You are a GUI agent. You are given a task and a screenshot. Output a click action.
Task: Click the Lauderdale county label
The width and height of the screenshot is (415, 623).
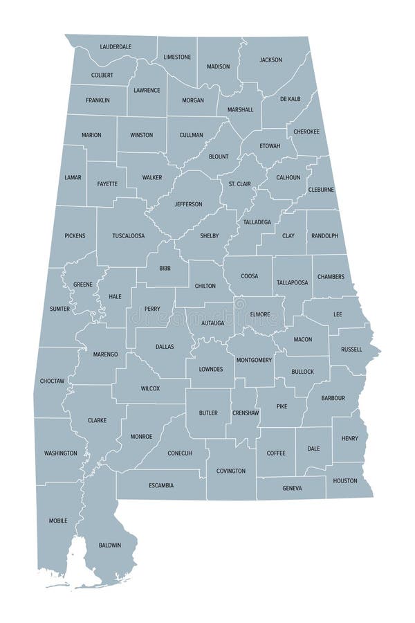tap(116, 47)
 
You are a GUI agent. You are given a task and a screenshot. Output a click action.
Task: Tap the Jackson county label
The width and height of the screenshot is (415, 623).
tap(270, 60)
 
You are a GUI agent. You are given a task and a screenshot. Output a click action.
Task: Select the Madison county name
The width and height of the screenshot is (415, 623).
tap(218, 66)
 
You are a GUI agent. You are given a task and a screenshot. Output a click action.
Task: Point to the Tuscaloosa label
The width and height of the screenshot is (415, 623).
tap(129, 236)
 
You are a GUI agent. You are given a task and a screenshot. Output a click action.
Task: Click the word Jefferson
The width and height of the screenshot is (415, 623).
tap(188, 204)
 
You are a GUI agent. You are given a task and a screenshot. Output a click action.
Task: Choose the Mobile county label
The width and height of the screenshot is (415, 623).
tap(58, 521)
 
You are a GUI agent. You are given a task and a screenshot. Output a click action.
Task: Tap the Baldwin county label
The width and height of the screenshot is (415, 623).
tap(110, 545)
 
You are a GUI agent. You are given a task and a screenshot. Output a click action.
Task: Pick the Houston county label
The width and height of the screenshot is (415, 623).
tap(345, 480)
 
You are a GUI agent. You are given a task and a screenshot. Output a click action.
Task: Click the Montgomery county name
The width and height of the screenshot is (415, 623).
tap(255, 361)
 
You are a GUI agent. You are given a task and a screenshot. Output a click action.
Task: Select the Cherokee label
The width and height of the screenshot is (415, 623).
tap(306, 132)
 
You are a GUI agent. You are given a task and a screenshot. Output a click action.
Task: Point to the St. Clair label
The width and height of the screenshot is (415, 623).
tap(240, 183)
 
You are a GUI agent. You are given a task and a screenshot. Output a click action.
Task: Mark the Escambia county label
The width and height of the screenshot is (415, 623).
tap(161, 485)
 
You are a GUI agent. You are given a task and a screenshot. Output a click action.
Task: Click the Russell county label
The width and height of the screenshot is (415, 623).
tap(351, 350)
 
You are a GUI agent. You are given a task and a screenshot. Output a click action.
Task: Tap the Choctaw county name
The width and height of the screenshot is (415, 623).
tap(52, 381)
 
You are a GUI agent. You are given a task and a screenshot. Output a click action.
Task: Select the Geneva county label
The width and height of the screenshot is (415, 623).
tap(292, 488)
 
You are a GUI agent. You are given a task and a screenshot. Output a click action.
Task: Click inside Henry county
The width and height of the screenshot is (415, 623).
tap(349, 439)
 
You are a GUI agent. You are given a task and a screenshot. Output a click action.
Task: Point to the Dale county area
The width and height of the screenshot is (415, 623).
tap(313, 449)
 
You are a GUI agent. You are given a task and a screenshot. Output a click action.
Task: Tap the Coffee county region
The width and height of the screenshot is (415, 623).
tap(276, 453)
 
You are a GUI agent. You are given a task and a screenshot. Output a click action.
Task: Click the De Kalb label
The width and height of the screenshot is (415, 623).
tap(290, 99)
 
